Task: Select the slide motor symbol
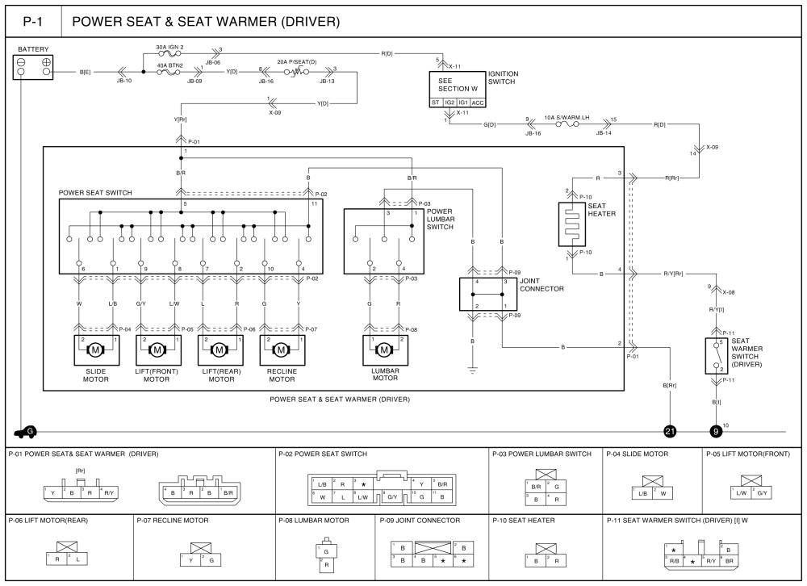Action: (95, 350)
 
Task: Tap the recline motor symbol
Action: (281, 350)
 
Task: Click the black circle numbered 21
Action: (670, 431)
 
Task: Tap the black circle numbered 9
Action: (716, 431)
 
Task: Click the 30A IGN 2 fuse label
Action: (170, 47)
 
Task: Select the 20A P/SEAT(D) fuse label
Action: (296, 61)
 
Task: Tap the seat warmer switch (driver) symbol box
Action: (716, 354)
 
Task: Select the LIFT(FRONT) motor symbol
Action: (157, 350)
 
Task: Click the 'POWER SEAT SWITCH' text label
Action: (96, 194)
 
